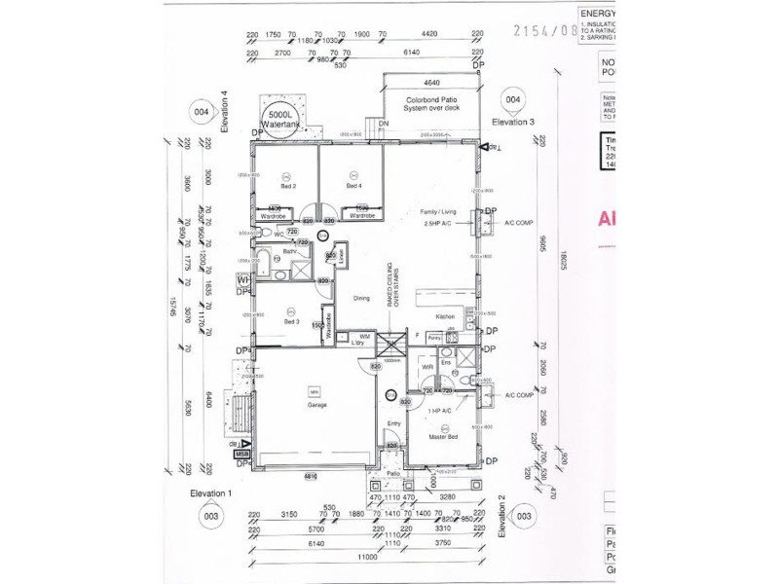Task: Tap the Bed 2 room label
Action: tap(288, 185)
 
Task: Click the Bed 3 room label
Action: tap(291, 320)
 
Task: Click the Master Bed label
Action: tap(444, 437)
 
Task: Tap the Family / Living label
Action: tap(438, 210)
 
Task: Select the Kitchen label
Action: tap(446, 317)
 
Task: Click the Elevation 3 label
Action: tap(513, 122)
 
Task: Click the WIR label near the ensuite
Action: tap(427, 367)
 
